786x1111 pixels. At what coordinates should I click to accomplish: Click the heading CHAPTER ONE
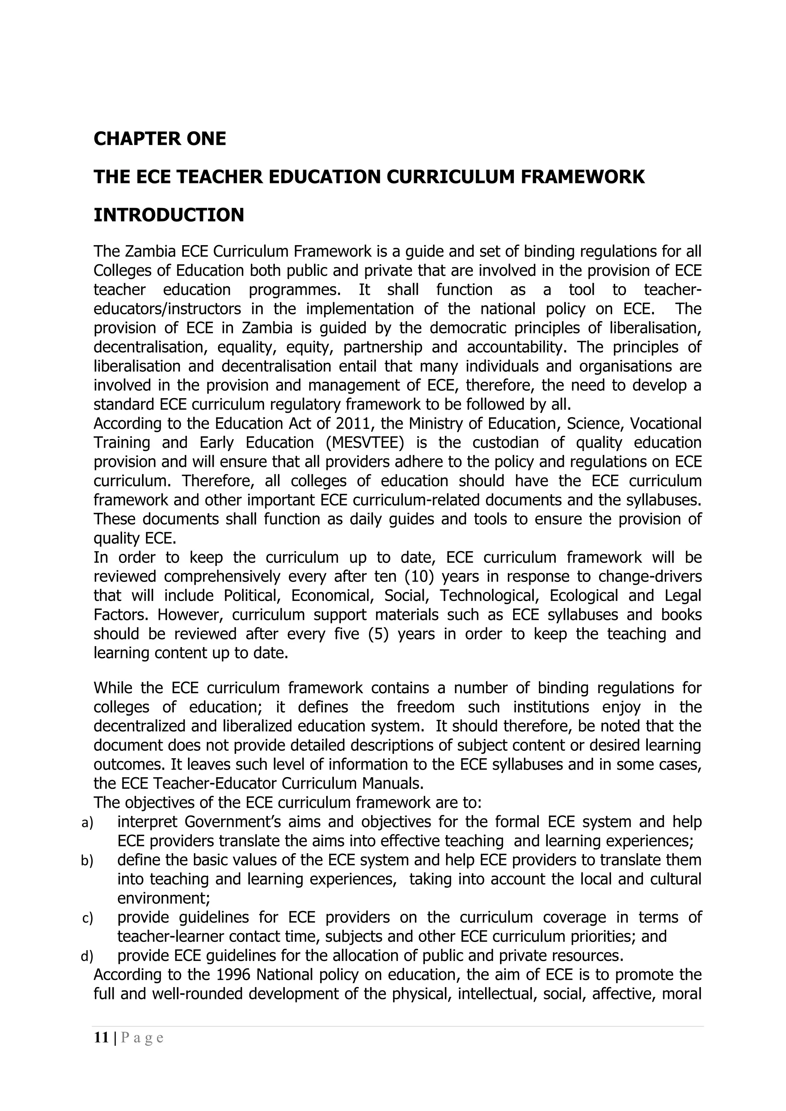[159, 139]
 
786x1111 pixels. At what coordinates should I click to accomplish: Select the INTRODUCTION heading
[168, 215]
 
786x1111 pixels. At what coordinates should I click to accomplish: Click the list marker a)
[87, 823]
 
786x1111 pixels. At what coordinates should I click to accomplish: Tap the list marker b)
[87, 861]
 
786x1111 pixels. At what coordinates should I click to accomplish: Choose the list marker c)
[87, 918]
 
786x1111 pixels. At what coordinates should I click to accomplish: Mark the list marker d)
[87, 956]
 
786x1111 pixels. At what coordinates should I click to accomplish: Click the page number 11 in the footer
[101, 1037]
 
